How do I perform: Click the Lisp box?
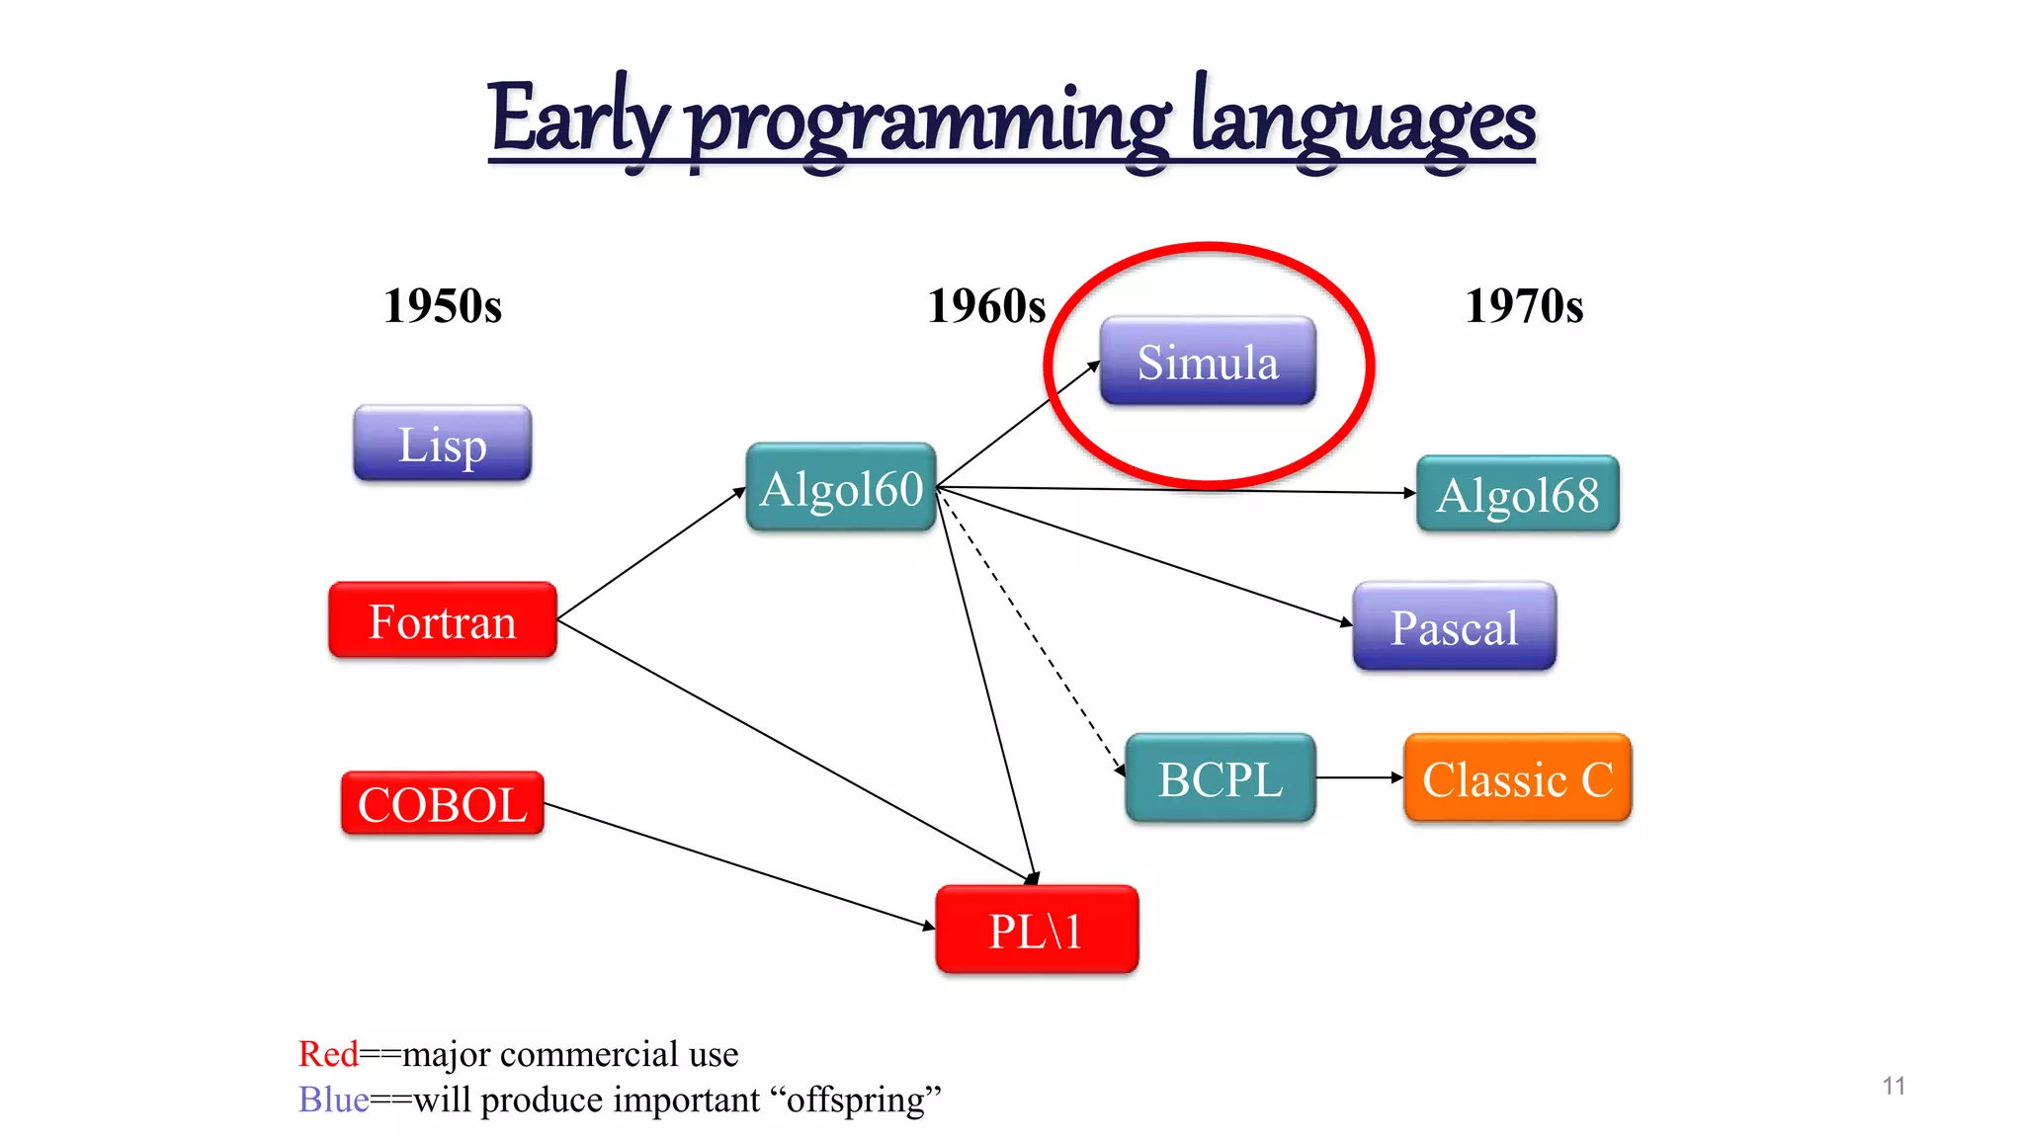coord(442,444)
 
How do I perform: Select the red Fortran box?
coord(442,620)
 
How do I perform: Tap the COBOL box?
coord(442,803)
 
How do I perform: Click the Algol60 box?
coord(841,488)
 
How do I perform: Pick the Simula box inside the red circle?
coord(1207,362)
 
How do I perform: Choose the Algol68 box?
coord(1517,494)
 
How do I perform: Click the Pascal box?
coord(1454,626)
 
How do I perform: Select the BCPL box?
coord(1220,778)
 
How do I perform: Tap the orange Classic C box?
coord(1517,778)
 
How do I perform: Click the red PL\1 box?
coord(1036,930)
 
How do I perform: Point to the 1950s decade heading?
coord(442,305)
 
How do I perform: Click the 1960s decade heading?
coord(985,305)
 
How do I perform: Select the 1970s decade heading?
coord(1523,305)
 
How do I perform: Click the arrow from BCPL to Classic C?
coord(1359,777)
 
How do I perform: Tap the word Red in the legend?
coord(328,1054)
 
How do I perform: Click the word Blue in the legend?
coord(333,1099)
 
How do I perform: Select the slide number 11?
coord(1894,1086)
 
